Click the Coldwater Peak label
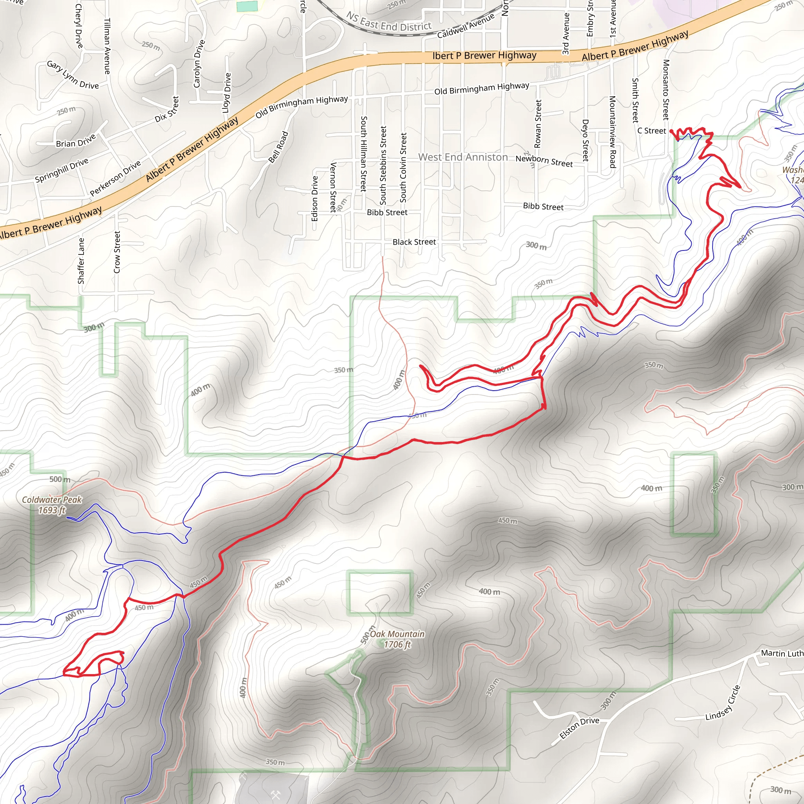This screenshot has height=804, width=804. (x=52, y=504)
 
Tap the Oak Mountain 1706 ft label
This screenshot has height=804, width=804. (x=397, y=639)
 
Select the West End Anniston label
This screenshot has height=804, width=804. (x=463, y=157)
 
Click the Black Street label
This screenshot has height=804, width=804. (x=414, y=242)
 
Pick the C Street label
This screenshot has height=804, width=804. (x=652, y=131)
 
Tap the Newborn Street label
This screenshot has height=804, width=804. (x=544, y=161)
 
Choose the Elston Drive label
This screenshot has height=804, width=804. (x=579, y=727)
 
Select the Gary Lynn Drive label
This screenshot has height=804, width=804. (x=73, y=75)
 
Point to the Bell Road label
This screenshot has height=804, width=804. (x=278, y=147)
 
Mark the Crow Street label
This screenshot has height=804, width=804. (x=117, y=252)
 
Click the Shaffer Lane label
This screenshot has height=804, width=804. (x=81, y=261)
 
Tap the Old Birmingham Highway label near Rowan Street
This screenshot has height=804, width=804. (x=481, y=88)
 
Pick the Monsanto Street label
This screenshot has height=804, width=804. (x=666, y=90)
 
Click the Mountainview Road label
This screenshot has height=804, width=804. (x=612, y=132)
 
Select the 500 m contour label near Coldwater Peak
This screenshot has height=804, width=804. (x=60, y=479)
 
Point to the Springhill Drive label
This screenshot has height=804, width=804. (x=62, y=170)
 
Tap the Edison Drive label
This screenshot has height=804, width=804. (x=314, y=199)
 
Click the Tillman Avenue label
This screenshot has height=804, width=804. (x=107, y=46)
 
